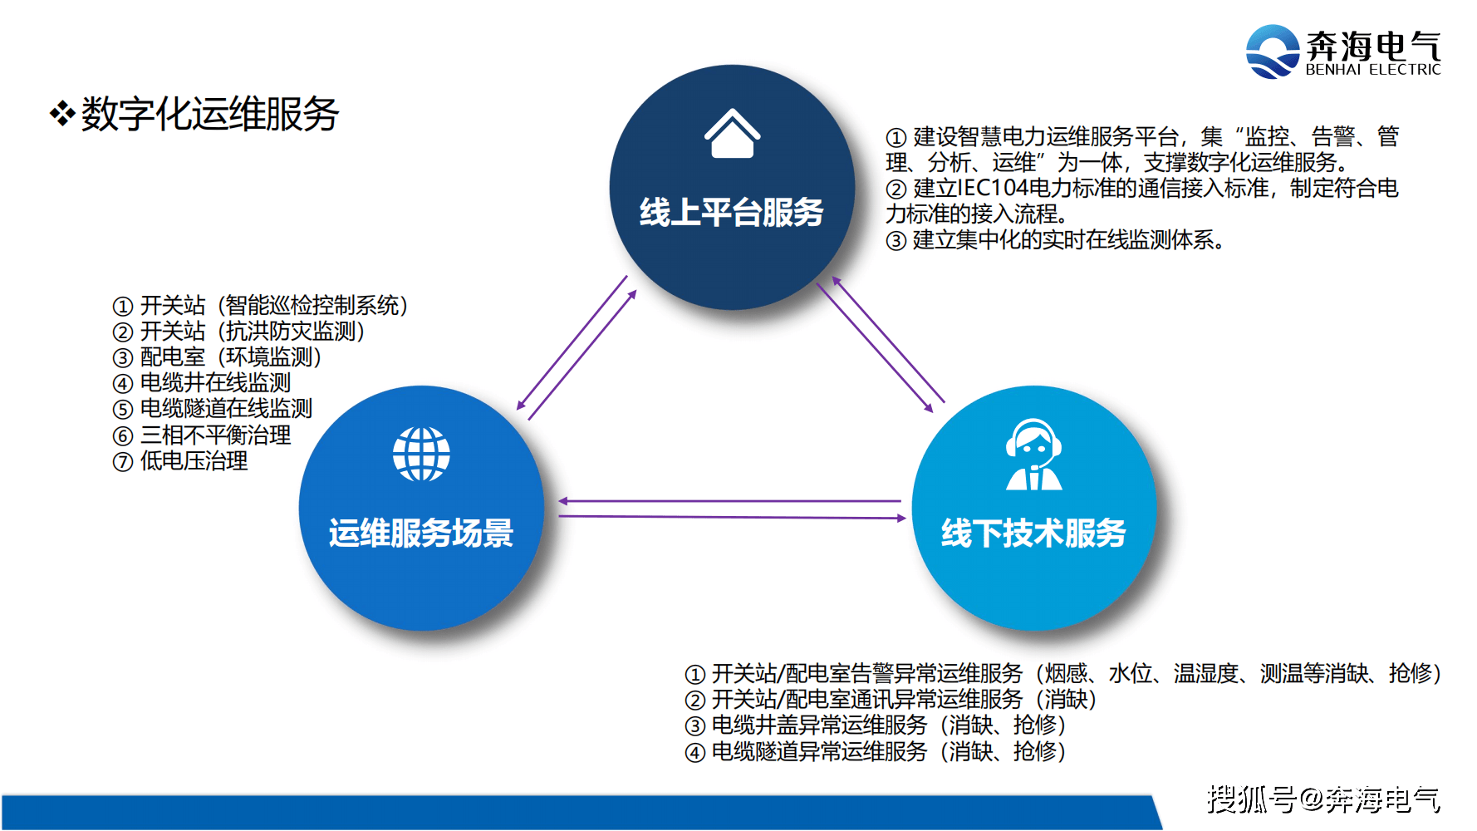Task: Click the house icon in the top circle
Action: click(732, 134)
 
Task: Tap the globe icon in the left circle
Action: click(421, 454)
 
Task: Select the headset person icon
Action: click(1033, 455)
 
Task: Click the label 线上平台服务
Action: click(731, 213)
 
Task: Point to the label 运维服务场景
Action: click(421, 533)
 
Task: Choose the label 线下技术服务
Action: click(1033, 533)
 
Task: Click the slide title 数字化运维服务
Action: click(209, 114)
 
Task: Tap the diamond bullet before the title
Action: click(62, 113)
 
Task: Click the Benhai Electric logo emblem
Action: click(1272, 52)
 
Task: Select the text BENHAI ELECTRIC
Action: click(1372, 70)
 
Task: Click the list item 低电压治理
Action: click(193, 461)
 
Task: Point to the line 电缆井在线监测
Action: click(214, 383)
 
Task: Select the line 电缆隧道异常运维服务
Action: click(818, 752)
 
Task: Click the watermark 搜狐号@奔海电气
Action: click(1323, 799)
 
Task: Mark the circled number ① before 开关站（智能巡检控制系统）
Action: click(123, 307)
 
